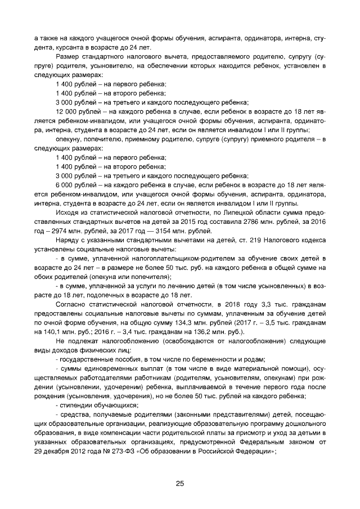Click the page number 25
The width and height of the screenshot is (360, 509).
pos(179,483)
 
